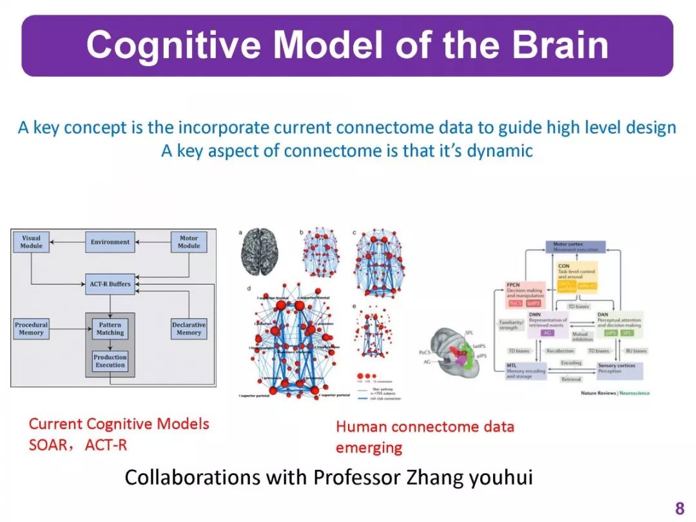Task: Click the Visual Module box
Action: pyautogui.click(x=31, y=242)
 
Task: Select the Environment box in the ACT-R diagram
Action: pyautogui.click(x=110, y=242)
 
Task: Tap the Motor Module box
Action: pyautogui.click(x=189, y=242)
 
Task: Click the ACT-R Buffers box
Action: pyautogui.click(x=110, y=284)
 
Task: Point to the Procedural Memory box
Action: pyautogui.click(x=31, y=329)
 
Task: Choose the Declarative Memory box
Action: pyautogui.click(x=189, y=329)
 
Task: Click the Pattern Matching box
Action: pyautogui.click(x=110, y=329)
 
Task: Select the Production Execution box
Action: pyautogui.click(x=110, y=361)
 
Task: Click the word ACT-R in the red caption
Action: pyautogui.click(x=106, y=445)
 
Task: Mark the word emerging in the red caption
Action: pyautogui.click(x=369, y=447)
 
